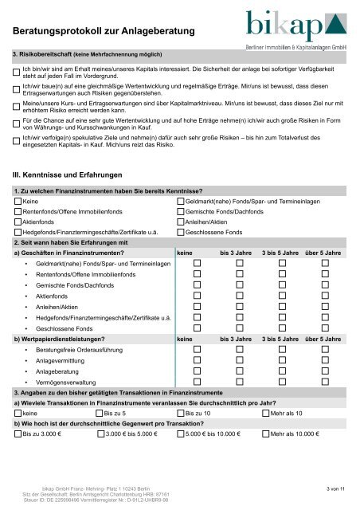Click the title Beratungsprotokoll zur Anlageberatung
point(104,30)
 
